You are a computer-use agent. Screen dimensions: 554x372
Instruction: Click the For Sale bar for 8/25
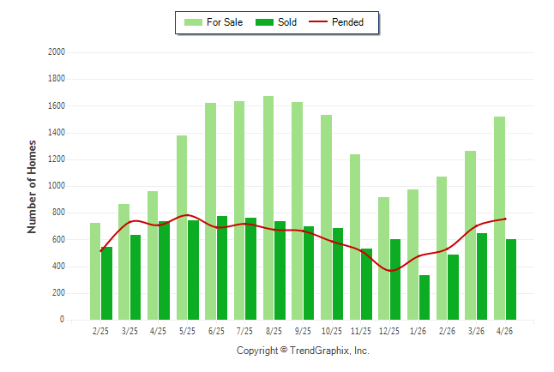click(x=268, y=207)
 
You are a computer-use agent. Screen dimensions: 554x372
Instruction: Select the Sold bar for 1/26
click(x=425, y=297)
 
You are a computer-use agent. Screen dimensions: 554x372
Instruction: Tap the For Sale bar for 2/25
click(x=95, y=272)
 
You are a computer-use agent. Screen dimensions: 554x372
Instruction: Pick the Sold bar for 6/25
click(x=222, y=267)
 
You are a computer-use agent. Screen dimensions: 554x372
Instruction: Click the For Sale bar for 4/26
click(x=499, y=219)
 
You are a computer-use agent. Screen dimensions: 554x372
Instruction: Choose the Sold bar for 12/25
click(x=395, y=279)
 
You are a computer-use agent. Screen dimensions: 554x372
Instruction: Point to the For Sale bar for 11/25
click(x=355, y=237)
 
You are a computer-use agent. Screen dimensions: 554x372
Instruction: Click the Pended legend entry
click(x=336, y=22)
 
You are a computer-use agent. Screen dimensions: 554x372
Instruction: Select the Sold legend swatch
click(x=264, y=22)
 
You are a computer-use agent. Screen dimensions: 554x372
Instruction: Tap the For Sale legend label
click(x=225, y=22)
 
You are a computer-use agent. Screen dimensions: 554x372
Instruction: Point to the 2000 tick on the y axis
click(x=57, y=52)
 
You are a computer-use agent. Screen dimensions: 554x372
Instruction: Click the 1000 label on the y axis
click(x=57, y=185)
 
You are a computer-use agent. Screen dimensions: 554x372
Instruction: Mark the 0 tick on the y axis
click(x=63, y=320)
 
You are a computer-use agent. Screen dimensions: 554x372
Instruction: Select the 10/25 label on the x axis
click(x=331, y=331)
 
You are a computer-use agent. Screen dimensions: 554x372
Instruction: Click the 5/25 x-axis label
click(x=187, y=331)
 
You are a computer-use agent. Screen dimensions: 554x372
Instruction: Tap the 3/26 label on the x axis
click(x=476, y=331)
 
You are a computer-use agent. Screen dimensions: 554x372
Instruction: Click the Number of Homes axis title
click(x=32, y=187)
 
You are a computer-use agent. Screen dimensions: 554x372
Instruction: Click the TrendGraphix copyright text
click(x=303, y=351)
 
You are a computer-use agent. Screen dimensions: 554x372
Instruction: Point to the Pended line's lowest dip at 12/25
click(x=390, y=271)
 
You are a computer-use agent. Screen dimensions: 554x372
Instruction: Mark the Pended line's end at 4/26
click(x=505, y=219)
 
